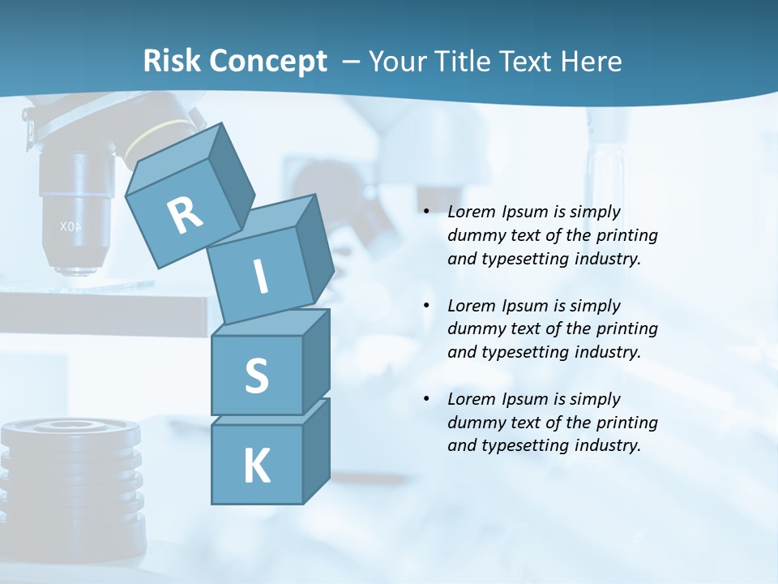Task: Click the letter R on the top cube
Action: [x=185, y=215]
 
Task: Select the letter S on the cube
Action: [x=256, y=376]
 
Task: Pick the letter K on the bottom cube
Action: [x=256, y=466]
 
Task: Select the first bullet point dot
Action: [x=426, y=213]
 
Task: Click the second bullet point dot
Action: [x=426, y=306]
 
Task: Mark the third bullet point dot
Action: [x=426, y=399]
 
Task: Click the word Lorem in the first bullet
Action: [x=471, y=213]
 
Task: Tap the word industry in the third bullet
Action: [x=608, y=445]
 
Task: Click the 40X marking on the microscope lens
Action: [x=71, y=226]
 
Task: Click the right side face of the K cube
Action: [x=316, y=450]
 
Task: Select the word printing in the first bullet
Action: [x=627, y=236]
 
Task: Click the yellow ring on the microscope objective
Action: [x=158, y=134]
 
